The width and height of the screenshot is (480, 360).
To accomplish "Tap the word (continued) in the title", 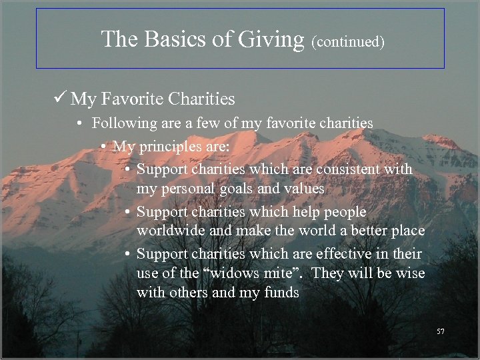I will coord(347,41).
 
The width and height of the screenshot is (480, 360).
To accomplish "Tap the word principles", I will coord(164,145).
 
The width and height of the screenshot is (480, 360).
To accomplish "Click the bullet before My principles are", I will coord(104,146).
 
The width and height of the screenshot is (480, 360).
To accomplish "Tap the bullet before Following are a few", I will coord(79,124).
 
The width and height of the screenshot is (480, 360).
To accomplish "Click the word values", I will coord(305,189).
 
